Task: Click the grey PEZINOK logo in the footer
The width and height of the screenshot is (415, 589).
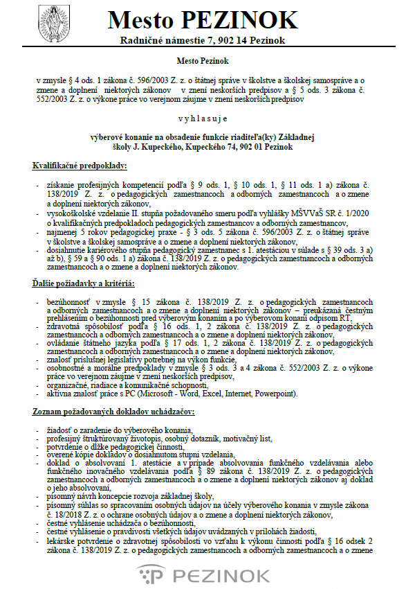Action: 207,575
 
